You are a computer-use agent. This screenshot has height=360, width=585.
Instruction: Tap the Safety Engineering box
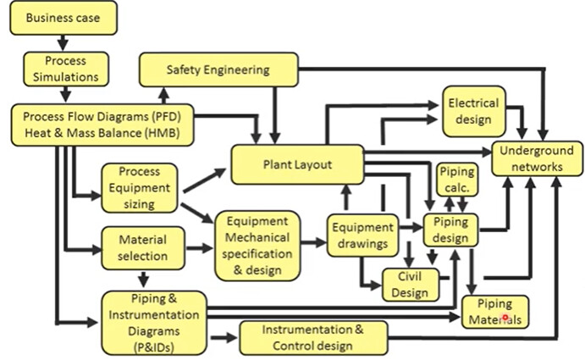point(218,69)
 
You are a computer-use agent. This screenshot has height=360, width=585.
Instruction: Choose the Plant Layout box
point(296,163)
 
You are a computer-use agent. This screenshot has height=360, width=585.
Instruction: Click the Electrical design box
point(473,111)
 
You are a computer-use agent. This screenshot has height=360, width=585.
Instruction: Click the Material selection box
point(141,247)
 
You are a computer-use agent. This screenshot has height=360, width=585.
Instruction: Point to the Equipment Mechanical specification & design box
point(257,246)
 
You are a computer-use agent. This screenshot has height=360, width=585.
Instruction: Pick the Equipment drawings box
point(361,235)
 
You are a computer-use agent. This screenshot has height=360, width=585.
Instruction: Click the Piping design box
point(450,231)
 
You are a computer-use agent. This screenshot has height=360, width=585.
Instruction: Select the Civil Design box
point(410,284)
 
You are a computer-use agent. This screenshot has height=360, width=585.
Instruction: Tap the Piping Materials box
point(495,312)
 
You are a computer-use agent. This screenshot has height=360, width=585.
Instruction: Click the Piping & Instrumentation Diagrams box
point(153,322)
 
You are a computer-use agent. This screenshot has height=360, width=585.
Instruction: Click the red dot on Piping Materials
point(505,318)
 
